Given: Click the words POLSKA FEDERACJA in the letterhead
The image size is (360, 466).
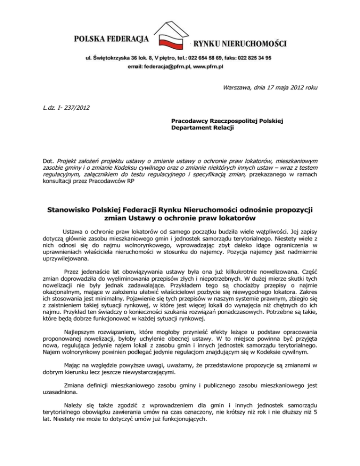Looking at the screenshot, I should tap(111, 37).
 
